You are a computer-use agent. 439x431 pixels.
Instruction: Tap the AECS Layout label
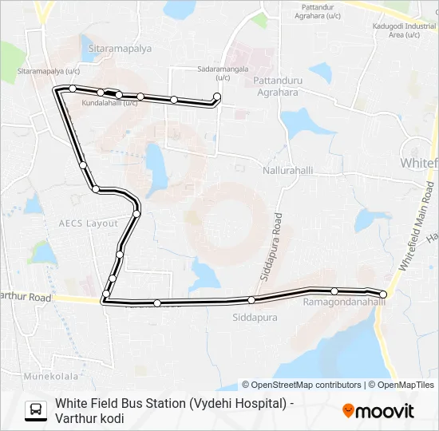pyautogui.click(x=89, y=223)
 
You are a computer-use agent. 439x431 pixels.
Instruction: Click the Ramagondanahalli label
pyautogui.click(x=344, y=302)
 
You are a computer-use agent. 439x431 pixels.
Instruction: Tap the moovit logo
pyautogui.click(x=378, y=410)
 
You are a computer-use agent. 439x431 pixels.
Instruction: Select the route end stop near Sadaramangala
pyautogui.click(x=217, y=97)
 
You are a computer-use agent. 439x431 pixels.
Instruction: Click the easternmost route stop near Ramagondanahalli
pyautogui.click(x=383, y=295)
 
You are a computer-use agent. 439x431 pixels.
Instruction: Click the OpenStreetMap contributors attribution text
pyautogui.click(x=302, y=385)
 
